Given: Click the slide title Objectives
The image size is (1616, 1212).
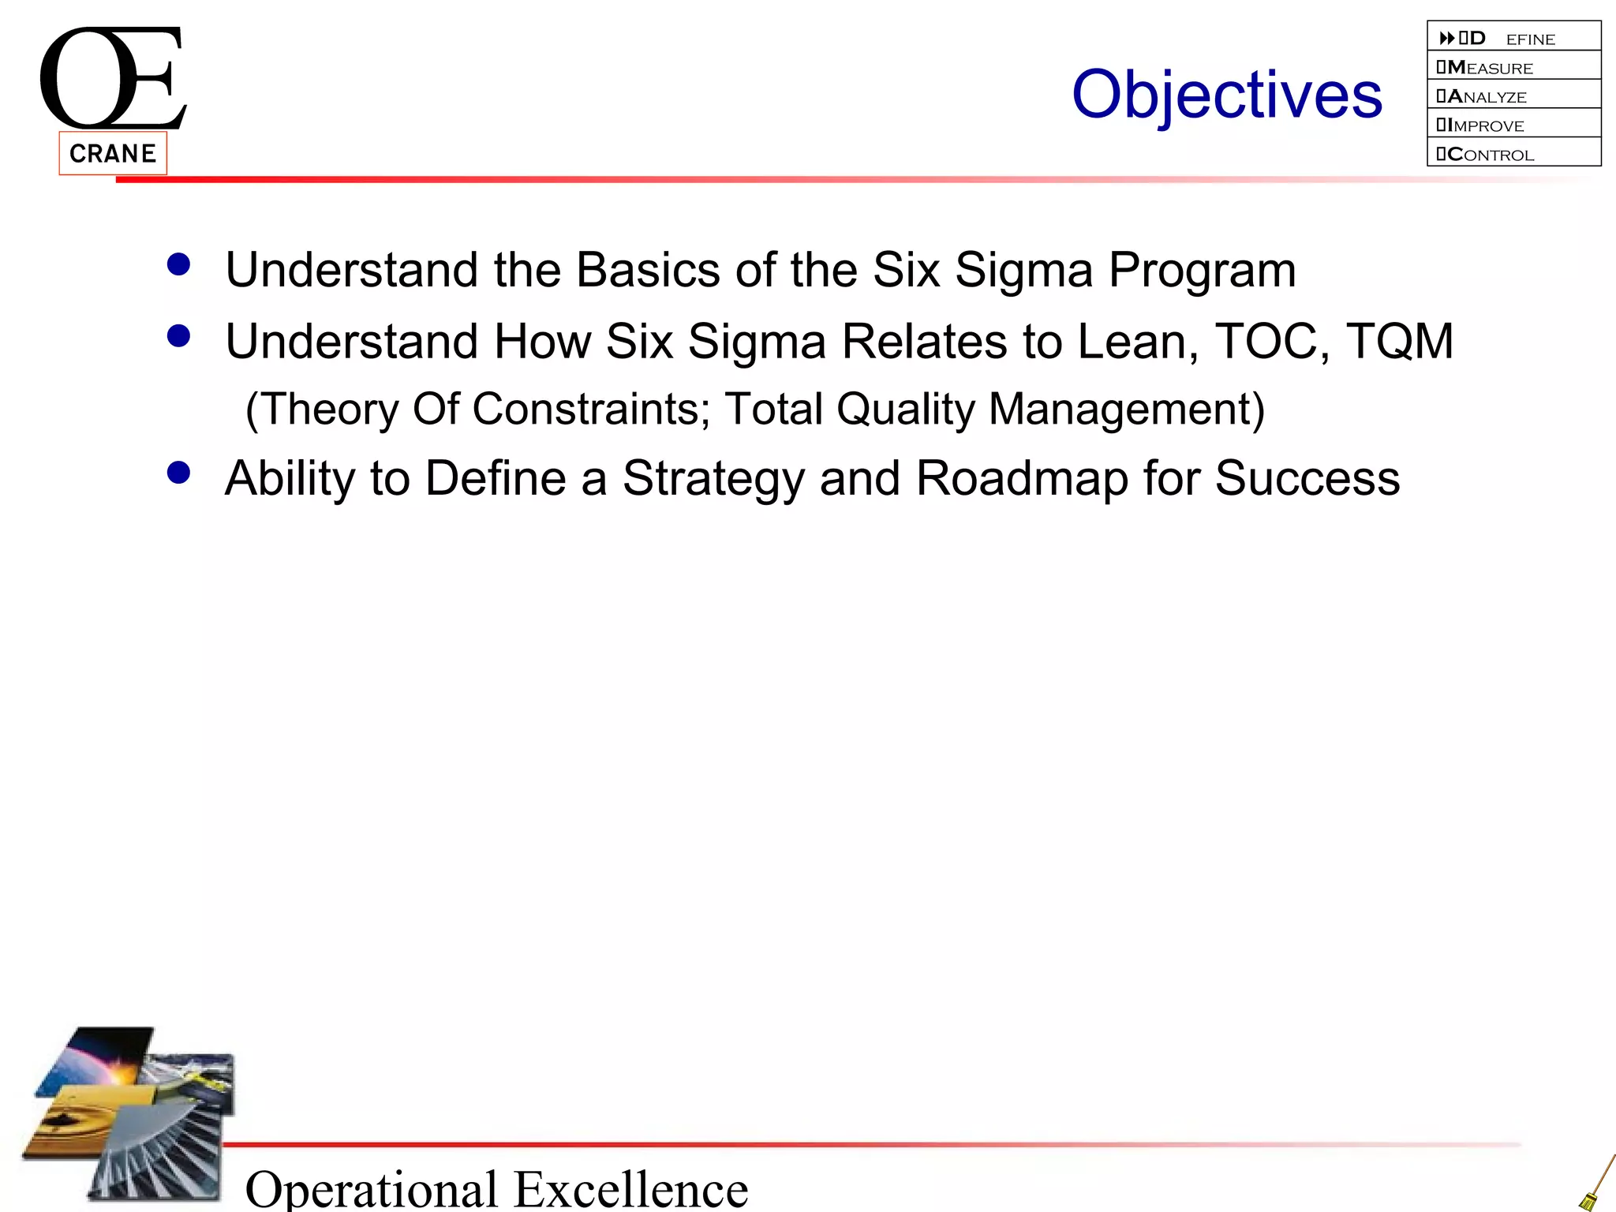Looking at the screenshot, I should [1226, 95].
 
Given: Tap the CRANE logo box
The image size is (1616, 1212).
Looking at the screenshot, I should [113, 153].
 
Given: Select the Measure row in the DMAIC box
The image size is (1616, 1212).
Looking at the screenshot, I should [1513, 66].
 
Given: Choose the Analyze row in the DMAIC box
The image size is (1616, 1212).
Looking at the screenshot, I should [1513, 95].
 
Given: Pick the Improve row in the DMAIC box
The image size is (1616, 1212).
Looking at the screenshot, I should [1513, 124].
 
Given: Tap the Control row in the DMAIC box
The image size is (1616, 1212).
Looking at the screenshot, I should [1513, 153].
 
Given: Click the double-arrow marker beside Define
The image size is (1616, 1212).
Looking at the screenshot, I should [1446, 38].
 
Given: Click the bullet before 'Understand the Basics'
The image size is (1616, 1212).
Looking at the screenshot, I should [179, 264].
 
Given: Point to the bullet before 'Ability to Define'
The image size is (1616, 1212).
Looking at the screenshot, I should [179, 473].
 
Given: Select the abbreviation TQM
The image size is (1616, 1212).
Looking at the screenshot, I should [1399, 341].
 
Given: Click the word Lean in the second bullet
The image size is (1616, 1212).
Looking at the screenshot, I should [1137, 341].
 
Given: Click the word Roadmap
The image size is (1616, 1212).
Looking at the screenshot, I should [1022, 478].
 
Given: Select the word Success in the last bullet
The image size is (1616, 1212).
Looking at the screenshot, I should [1307, 478].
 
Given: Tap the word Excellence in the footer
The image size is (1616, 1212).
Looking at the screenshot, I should [631, 1188].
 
